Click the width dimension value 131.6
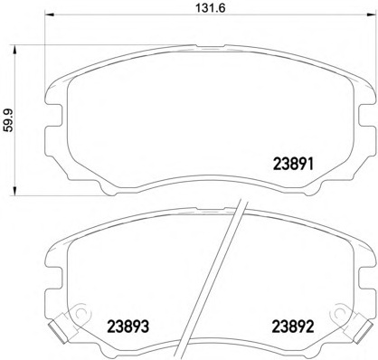click(211, 8)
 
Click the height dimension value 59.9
click(9, 120)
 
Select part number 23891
click(293, 165)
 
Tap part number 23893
click(128, 327)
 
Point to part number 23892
click(293, 327)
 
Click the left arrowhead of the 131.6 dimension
click(49, 14)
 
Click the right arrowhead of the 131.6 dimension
click(372, 14)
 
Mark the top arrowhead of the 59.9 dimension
click(14, 50)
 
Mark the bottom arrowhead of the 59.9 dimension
click(14, 191)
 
